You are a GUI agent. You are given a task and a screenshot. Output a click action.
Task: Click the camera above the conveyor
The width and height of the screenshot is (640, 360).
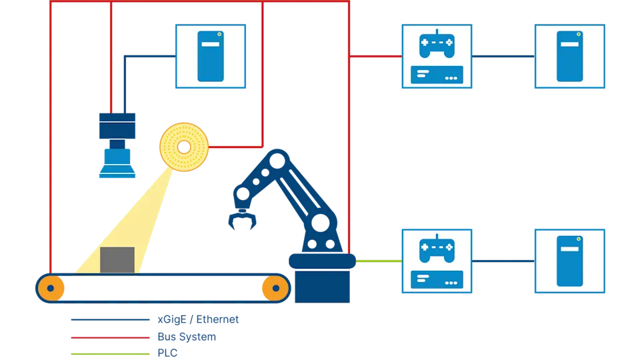(117, 145)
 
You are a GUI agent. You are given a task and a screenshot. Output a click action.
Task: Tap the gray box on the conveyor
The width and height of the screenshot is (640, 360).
(117, 260)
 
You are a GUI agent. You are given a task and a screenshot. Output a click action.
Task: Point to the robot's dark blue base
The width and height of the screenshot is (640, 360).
(322, 279)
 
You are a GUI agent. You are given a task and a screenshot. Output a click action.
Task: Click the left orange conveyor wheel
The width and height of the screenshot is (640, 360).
(51, 288)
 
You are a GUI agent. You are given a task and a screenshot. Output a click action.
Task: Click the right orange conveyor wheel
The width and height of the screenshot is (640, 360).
(274, 288)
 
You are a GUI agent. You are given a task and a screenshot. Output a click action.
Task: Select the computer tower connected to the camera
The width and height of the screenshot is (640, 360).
(210, 57)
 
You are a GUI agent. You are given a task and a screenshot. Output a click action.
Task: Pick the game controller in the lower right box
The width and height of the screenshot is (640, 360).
(436, 249)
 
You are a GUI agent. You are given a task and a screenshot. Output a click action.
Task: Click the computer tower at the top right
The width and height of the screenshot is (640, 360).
(570, 57)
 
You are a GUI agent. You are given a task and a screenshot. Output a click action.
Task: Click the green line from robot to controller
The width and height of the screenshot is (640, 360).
(378, 261)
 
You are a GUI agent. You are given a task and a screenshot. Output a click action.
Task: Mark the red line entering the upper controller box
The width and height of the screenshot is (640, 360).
(376, 57)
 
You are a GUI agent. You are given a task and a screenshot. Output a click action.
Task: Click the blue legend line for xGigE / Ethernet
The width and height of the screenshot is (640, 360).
(110, 320)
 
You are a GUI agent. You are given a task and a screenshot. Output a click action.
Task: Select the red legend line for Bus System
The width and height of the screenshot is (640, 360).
(110, 337)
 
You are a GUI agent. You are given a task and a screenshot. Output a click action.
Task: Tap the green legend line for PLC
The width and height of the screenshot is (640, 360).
(110, 353)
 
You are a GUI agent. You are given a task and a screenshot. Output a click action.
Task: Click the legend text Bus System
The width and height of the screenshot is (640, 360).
(187, 337)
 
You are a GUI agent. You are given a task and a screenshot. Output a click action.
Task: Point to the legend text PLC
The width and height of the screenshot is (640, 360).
(167, 353)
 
